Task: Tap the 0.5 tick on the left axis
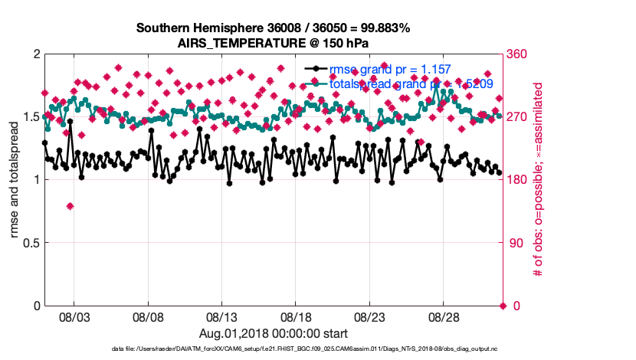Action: coord(30,243)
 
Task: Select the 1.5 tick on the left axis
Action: coord(30,117)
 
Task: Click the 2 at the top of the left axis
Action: coord(36,54)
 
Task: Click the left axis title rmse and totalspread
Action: coord(15,180)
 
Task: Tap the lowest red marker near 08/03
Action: coord(70,206)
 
